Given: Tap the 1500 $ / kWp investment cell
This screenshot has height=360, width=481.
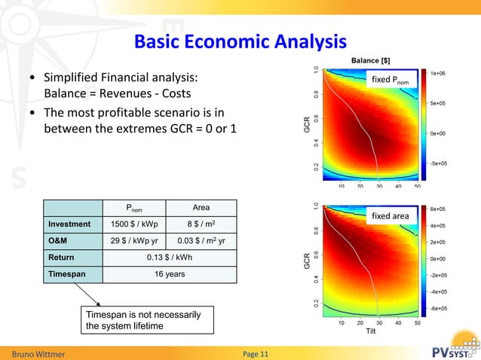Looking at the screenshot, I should (134, 224).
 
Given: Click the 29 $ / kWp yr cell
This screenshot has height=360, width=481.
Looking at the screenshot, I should (134, 241).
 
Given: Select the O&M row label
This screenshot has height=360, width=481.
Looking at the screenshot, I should (60, 241).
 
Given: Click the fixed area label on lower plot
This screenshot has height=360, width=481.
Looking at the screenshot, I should (391, 217).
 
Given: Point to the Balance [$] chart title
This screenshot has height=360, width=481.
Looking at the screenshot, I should (370, 60).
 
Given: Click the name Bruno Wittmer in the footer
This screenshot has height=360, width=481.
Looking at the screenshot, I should (38, 353).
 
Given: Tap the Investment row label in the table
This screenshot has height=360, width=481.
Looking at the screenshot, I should (69, 224).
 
